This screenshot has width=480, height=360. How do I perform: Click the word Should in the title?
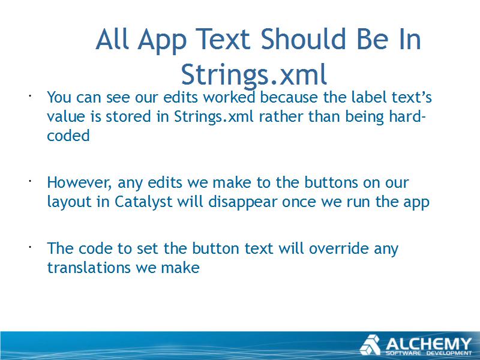click(303, 39)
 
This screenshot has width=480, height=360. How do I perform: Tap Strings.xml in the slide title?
click(254, 74)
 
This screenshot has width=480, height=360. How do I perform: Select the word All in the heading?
click(112, 39)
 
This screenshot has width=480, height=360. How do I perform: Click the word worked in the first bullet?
click(229, 97)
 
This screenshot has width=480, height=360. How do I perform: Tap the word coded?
click(68, 136)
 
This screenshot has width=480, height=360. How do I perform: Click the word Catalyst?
click(143, 202)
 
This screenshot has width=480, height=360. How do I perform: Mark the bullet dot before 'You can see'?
click(31, 97)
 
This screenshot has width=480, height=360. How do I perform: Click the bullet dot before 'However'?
click(31, 182)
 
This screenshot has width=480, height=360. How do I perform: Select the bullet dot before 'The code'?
click(31, 247)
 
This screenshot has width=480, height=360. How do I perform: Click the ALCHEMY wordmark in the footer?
click(428, 343)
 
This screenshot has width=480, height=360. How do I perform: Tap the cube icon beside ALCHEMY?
click(370, 345)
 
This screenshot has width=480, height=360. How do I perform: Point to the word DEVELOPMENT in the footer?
click(449, 353)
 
